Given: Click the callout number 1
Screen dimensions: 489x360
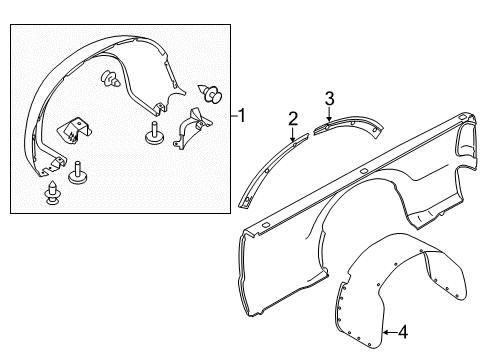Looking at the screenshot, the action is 242,116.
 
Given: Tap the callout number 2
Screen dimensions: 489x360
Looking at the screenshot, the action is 293,119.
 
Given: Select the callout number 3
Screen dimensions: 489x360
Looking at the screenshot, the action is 329,99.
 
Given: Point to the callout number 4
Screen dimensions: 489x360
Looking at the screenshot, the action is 403,332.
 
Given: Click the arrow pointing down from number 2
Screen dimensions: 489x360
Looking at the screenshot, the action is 293,134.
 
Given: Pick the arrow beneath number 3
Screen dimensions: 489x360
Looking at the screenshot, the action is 329,114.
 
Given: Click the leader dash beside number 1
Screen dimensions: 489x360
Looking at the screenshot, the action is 234,116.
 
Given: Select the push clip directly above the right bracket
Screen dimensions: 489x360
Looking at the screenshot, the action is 210,94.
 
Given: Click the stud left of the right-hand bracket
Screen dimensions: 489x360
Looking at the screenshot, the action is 154,133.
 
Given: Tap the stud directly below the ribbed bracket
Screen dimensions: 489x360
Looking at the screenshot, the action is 77,173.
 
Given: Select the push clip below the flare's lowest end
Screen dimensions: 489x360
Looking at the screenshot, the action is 53,193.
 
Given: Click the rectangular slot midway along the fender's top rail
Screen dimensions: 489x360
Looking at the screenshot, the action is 364,171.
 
